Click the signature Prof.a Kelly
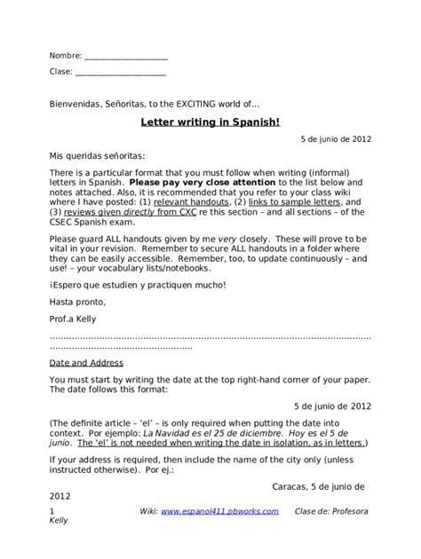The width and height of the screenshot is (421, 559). (74, 319)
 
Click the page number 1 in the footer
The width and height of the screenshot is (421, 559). (52, 512)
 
